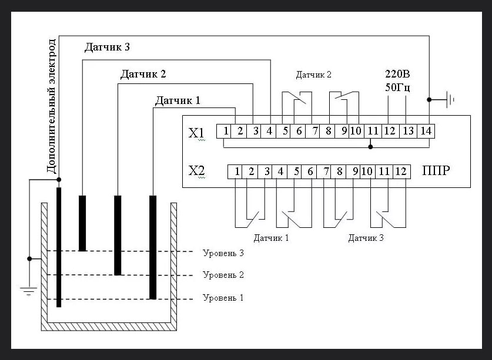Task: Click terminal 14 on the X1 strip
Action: tap(426, 131)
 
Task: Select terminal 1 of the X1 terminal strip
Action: tap(224, 131)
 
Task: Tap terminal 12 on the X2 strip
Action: tap(401, 171)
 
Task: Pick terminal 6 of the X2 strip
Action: tap(309, 171)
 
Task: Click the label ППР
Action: tap(436, 170)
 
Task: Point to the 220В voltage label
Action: tap(397, 74)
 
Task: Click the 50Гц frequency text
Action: tap(397, 87)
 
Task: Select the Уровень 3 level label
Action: tap(223, 253)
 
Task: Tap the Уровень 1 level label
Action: tap(223, 297)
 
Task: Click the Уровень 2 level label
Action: tap(223, 275)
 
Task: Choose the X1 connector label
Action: tap(196, 133)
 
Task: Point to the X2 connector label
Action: tap(196, 171)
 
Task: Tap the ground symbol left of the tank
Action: tap(29, 291)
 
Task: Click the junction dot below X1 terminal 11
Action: tap(370, 147)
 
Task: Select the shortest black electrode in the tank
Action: tap(82, 223)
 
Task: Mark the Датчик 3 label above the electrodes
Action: tap(107, 47)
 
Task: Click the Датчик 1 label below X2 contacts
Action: tap(271, 238)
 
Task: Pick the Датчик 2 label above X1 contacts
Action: tap(313, 75)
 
